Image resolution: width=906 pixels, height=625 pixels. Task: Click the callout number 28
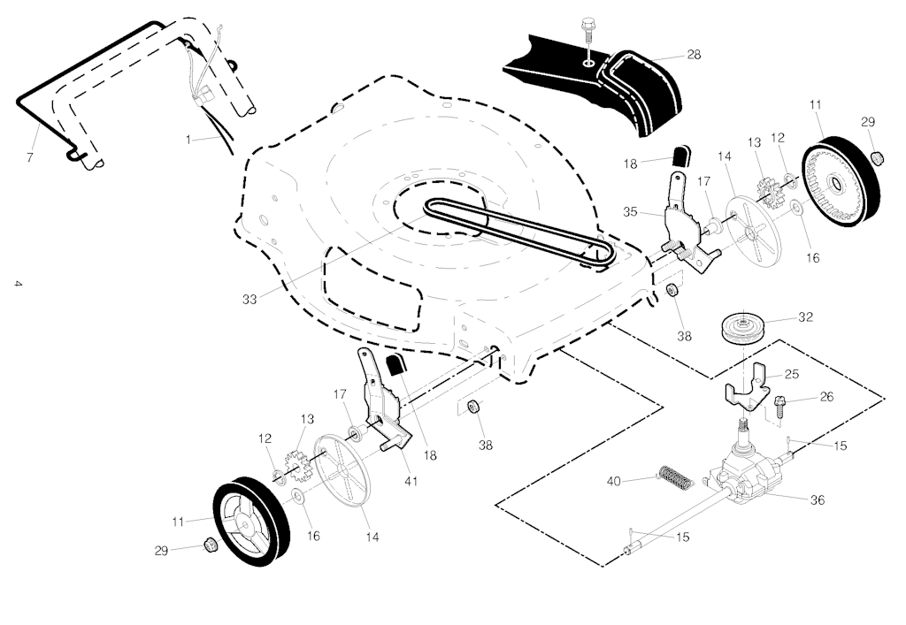(694, 54)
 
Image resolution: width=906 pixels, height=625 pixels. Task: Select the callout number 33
(250, 300)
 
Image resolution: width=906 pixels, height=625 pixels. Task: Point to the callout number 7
(29, 157)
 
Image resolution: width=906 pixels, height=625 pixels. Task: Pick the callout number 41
(411, 481)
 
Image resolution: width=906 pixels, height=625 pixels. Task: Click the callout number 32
(805, 316)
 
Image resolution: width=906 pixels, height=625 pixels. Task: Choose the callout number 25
(791, 374)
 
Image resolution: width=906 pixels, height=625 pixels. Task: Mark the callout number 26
(825, 397)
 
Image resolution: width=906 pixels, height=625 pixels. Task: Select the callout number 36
(818, 499)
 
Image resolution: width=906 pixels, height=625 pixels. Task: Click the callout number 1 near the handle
(188, 140)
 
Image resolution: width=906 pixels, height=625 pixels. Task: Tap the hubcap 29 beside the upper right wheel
(879, 158)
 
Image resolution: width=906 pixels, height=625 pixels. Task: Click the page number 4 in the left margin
(17, 285)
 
